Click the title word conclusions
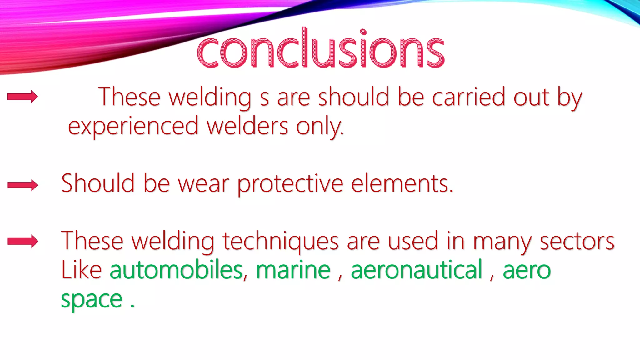click(x=321, y=50)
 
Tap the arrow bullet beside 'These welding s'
click(x=23, y=97)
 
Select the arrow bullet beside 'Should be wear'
click(x=23, y=185)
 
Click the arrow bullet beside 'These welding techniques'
click(x=23, y=241)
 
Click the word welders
click(x=247, y=126)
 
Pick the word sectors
click(x=577, y=241)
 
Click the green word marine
click(x=293, y=270)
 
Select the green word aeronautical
click(x=417, y=270)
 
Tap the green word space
click(x=91, y=299)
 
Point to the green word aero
click(x=527, y=271)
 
